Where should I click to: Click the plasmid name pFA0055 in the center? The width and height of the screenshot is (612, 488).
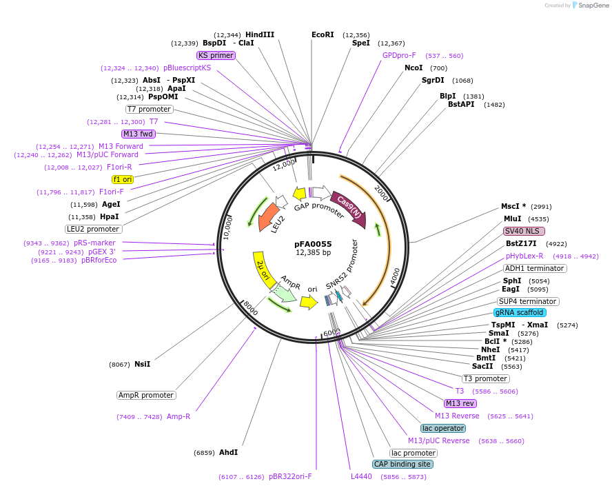pos(314,243)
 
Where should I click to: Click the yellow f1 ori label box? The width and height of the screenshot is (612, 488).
pos(123,179)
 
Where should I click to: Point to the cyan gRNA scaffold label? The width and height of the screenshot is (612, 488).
pos(520,312)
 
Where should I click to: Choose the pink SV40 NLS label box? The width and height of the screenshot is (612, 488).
pos(524,231)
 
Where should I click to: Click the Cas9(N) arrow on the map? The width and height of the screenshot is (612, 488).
pos(349,208)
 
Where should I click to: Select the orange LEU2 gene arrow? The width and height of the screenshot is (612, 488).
pos(270,217)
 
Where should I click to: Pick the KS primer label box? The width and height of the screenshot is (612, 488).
pos(216,55)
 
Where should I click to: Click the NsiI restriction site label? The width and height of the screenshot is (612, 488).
pos(143,364)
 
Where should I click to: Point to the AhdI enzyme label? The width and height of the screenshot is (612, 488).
pos(228,453)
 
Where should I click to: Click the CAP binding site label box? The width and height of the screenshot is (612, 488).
pos(403,465)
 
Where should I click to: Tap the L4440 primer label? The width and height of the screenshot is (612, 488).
pos(361,476)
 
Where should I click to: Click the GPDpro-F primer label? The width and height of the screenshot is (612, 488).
pos(399,55)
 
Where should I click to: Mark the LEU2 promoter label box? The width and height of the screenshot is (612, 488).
pos(94,229)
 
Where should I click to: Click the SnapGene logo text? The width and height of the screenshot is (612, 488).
pos(592,6)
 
